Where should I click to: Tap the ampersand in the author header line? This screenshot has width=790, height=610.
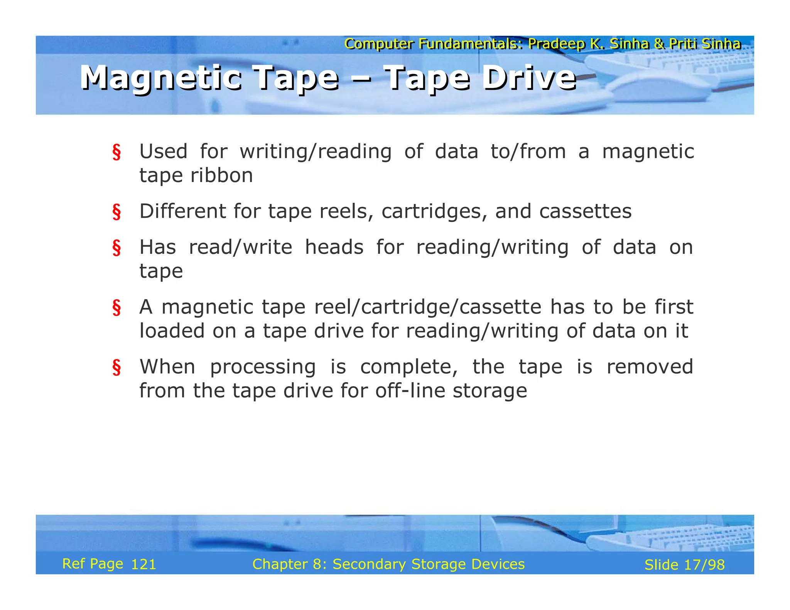[659, 44]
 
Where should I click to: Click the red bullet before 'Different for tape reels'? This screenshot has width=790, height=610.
[116, 212]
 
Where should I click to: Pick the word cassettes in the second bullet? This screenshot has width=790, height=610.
[585, 211]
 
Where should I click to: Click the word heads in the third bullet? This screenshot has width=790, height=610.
[334, 247]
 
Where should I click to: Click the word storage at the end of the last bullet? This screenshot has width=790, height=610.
[490, 391]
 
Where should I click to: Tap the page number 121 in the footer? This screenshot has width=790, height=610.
[143, 565]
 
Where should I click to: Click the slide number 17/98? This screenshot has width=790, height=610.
[704, 565]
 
